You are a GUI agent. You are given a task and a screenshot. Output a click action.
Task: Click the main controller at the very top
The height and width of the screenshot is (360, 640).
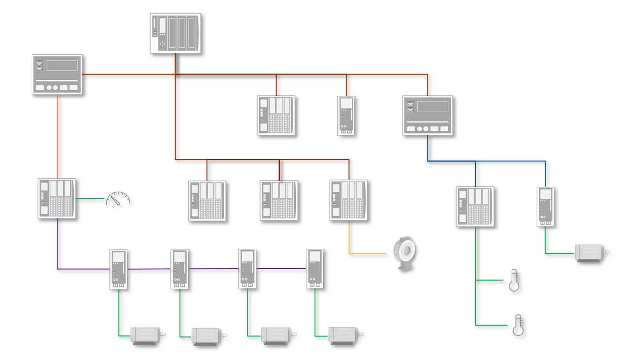(175, 33)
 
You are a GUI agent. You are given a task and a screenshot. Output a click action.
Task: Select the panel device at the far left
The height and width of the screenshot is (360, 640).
(57, 74)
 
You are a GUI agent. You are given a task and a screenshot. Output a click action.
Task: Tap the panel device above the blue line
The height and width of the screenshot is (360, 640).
(427, 115)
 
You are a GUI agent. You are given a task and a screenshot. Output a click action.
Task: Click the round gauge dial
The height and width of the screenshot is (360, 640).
(119, 198)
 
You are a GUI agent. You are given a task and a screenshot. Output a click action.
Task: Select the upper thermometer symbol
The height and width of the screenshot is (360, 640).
(514, 280)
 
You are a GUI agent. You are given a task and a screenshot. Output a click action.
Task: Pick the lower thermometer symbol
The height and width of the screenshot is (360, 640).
(518, 325)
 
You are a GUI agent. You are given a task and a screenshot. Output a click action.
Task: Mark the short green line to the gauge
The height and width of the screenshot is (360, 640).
(91, 199)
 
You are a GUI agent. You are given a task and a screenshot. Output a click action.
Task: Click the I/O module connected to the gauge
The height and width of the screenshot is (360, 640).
(57, 198)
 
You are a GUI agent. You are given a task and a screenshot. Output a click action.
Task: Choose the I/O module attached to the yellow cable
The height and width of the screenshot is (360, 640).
(349, 200)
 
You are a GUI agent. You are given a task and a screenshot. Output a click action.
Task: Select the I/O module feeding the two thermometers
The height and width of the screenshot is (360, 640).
(475, 206)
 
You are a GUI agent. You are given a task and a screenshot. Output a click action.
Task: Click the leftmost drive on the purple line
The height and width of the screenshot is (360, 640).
(118, 269)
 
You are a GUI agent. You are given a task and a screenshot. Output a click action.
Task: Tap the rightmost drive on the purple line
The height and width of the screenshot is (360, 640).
(315, 268)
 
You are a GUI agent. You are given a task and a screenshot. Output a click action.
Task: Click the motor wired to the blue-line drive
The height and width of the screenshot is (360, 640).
(591, 253)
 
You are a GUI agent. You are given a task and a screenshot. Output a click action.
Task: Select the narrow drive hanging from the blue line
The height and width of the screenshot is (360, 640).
(545, 206)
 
